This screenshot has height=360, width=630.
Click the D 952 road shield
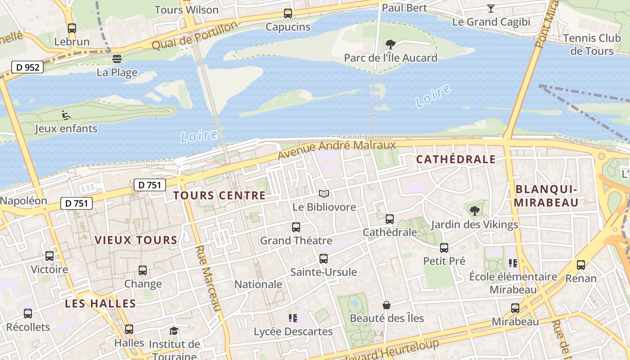pyautogui.click(x=27, y=67)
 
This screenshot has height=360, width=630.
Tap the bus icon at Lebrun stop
pyautogui.click(x=72, y=28)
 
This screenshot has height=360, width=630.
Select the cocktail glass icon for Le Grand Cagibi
pyautogui.click(x=490, y=8)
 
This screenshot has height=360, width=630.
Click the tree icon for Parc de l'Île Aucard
pyautogui.click(x=390, y=44)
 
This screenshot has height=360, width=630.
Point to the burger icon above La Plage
pyautogui.click(x=117, y=58)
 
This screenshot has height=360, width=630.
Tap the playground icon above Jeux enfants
pyautogui.click(x=66, y=115)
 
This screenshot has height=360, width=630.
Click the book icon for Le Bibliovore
pyautogui.click(x=324, y=194)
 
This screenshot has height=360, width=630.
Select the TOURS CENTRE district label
pyautogui.click(x=219, y=195)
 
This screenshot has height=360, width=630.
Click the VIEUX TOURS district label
pyautogui.click(x=136, y=240)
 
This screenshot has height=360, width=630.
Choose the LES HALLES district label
pyautogui.click(x=100, y=303)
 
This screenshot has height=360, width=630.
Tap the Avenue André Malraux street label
pyautogui.click(x=337, y=150)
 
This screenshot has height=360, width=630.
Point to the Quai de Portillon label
pyautogui.click(x=194, y=36)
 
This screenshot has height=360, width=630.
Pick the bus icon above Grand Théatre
pyautogui.click(x=296, y=227)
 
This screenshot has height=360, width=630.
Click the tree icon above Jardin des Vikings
pyautogui.click(x=474, y=211)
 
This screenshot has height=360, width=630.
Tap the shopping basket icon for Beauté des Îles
pyautogui.click(x=386, y=305)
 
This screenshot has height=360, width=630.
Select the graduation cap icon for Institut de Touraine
pyautogui.click(x=174, y=331)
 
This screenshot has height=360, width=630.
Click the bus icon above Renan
pyautogui.click(x=581, y=265)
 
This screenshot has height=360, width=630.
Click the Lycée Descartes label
pyautogui.click(x=293, y=332)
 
